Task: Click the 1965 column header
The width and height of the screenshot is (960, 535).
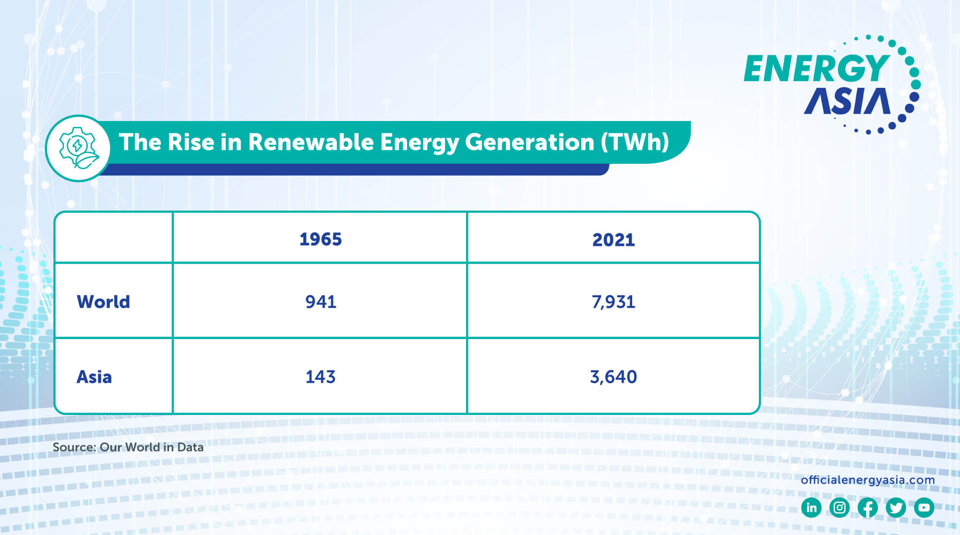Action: pos(320,239)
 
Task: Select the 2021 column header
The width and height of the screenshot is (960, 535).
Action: pos(613,240)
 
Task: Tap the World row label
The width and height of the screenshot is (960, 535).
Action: pos(103,302)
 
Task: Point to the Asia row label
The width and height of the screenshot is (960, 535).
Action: pos(94,377)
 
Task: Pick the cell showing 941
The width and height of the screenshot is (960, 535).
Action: pos(321,302)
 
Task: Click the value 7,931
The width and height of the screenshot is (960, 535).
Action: pos(613,302)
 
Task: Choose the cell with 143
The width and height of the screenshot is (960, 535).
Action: pos(320,377)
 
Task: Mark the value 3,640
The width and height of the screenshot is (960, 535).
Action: pos(613,377)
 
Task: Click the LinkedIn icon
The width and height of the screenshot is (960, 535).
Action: pos(811,508)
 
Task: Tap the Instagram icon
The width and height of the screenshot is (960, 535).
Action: pos(839,508)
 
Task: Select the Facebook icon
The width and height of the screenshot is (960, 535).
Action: pos(867,508)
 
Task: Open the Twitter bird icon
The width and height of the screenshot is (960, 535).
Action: pos(896,508)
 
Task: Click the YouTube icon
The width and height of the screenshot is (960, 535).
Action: pos(924,508)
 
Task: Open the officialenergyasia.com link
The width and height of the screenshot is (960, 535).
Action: pos(867,480)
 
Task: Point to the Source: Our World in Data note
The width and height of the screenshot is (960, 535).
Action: pos(128,447)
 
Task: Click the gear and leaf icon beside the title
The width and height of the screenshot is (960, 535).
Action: pos(78,148)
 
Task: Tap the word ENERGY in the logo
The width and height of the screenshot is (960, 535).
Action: pos(816,68)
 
